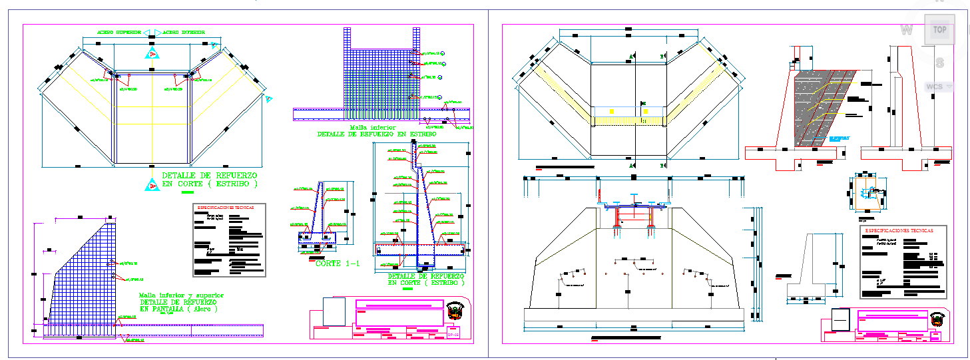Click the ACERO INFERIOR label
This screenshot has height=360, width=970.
click(183, 32)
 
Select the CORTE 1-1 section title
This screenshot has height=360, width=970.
click(337, 263)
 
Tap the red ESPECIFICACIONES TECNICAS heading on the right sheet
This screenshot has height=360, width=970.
click(898, 231)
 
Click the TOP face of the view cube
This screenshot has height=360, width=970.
click(939, 29)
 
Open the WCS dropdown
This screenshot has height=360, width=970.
click(938, 87)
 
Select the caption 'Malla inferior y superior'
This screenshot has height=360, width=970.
click(181, 295)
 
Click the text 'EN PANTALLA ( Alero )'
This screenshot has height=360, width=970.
click(178, 309)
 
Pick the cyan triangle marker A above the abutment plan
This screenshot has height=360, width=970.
click(152, 53)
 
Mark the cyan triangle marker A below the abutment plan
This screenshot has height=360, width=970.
click(152, 186)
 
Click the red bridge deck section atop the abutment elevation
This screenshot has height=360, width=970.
click(633, 208)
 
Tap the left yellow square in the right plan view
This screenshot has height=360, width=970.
click(610, 110)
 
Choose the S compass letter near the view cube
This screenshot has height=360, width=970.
click(939, 63)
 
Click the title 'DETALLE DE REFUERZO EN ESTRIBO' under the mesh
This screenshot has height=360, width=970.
click(377, 134)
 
